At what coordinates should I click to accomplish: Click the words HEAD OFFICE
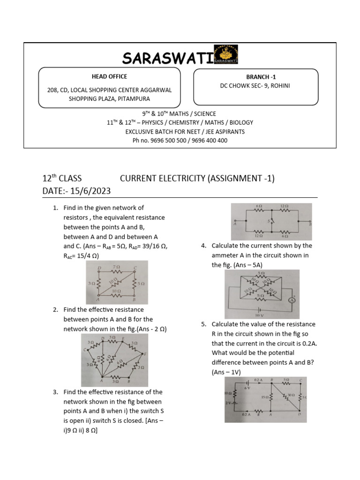109,76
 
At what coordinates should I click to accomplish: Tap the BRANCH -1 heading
258,77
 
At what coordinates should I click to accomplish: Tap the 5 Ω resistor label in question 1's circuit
142,284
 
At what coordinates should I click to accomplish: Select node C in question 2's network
85,349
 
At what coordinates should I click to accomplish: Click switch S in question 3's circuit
270,220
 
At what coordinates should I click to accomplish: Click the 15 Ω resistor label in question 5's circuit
263,397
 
